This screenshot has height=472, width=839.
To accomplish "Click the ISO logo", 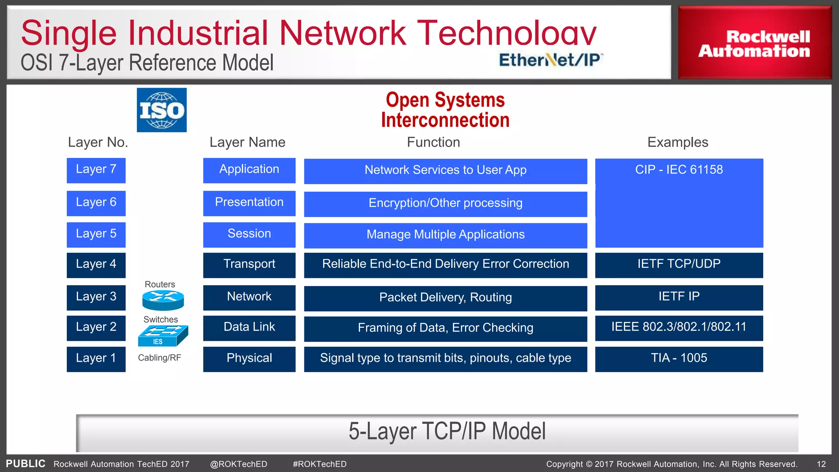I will (x=161, y=110).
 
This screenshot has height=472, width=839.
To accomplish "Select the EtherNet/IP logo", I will (x=550, y=60).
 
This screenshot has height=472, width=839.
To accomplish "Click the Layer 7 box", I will (x=96, y=170).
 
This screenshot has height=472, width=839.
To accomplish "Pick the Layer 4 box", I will (x=96, y=265).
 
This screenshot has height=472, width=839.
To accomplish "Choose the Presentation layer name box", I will (x=249, y=203).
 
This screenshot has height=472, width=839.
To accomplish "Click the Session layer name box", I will (x=249, y=234).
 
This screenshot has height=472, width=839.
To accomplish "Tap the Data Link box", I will (x=249, y=327).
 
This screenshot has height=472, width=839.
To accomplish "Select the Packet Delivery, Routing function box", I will (x=445, y=298).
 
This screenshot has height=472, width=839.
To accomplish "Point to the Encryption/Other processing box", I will (x=445, y=204).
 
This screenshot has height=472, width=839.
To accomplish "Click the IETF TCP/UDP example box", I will (x=679, y=265).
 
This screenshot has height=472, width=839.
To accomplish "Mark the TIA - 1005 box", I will (x=679, y=359).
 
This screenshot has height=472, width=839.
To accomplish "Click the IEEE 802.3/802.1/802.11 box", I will (x=679, y=327).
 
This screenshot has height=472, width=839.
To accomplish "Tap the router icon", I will (x=163, y=300).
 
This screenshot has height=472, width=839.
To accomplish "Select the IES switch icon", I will (x=163, y=336).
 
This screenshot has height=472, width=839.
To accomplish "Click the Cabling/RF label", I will (x=159, y=358).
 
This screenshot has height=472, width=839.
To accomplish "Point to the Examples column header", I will (x=678, y=142).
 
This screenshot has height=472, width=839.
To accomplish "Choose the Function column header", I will (x=433, y=142).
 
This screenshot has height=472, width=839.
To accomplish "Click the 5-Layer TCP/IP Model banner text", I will (x=447, y=431).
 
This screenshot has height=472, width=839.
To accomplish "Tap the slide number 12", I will (x=821, y=464).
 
